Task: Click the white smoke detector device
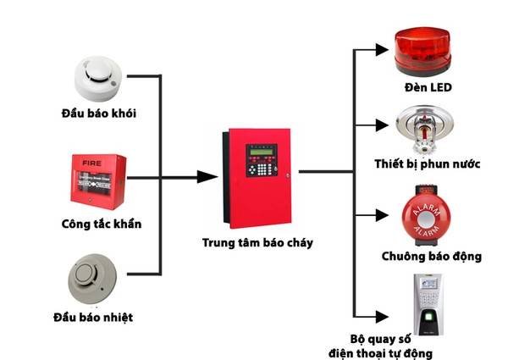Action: click(x=99, y=77)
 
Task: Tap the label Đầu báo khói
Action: click(x=98, y=113)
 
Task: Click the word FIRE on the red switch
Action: click(x=84, y=159)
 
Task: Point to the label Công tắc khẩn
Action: click(x=101, y=224)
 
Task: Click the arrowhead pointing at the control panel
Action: click(x=207, y=176)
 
